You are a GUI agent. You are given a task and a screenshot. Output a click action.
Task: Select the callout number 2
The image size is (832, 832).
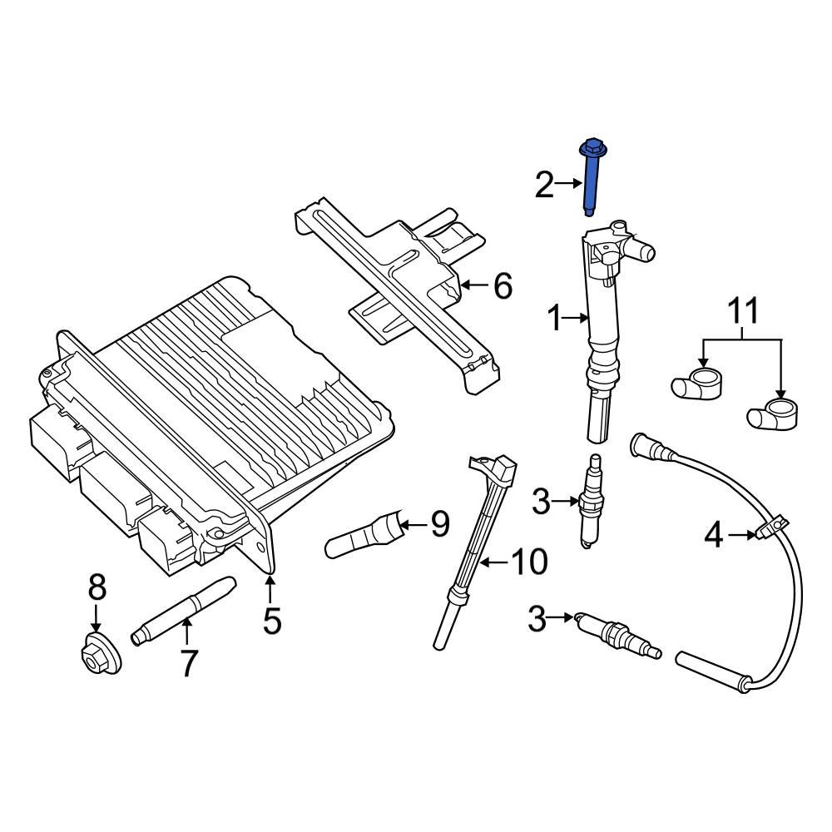[x=543, y=184]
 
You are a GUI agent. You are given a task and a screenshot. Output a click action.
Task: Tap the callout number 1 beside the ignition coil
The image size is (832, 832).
[x=555, y=317]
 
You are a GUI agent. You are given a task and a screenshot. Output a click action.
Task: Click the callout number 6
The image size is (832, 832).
[x=503, y=286]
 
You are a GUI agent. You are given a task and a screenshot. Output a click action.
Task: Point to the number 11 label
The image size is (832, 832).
[x=744, y=313]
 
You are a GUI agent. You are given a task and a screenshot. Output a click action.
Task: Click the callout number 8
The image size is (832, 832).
[x=97, y=588]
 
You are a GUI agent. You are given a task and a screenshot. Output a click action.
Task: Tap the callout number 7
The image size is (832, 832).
[x=189, y=663]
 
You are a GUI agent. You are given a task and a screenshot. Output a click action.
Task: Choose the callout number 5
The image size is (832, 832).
[x=272, y=620]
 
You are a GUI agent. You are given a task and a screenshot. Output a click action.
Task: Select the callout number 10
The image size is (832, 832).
[x=527, y=562]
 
